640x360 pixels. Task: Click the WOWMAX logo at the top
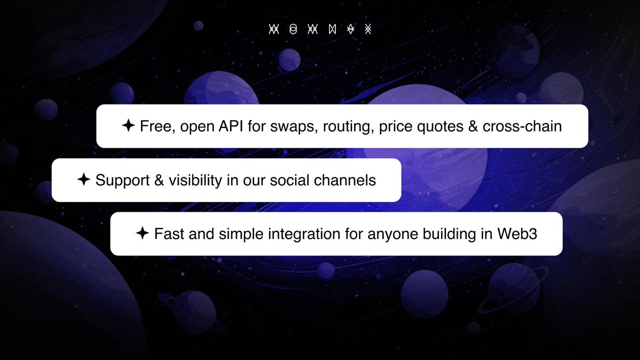[319, 29]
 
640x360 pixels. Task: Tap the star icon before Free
[128, 126]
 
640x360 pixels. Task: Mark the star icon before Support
[83, 180]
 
